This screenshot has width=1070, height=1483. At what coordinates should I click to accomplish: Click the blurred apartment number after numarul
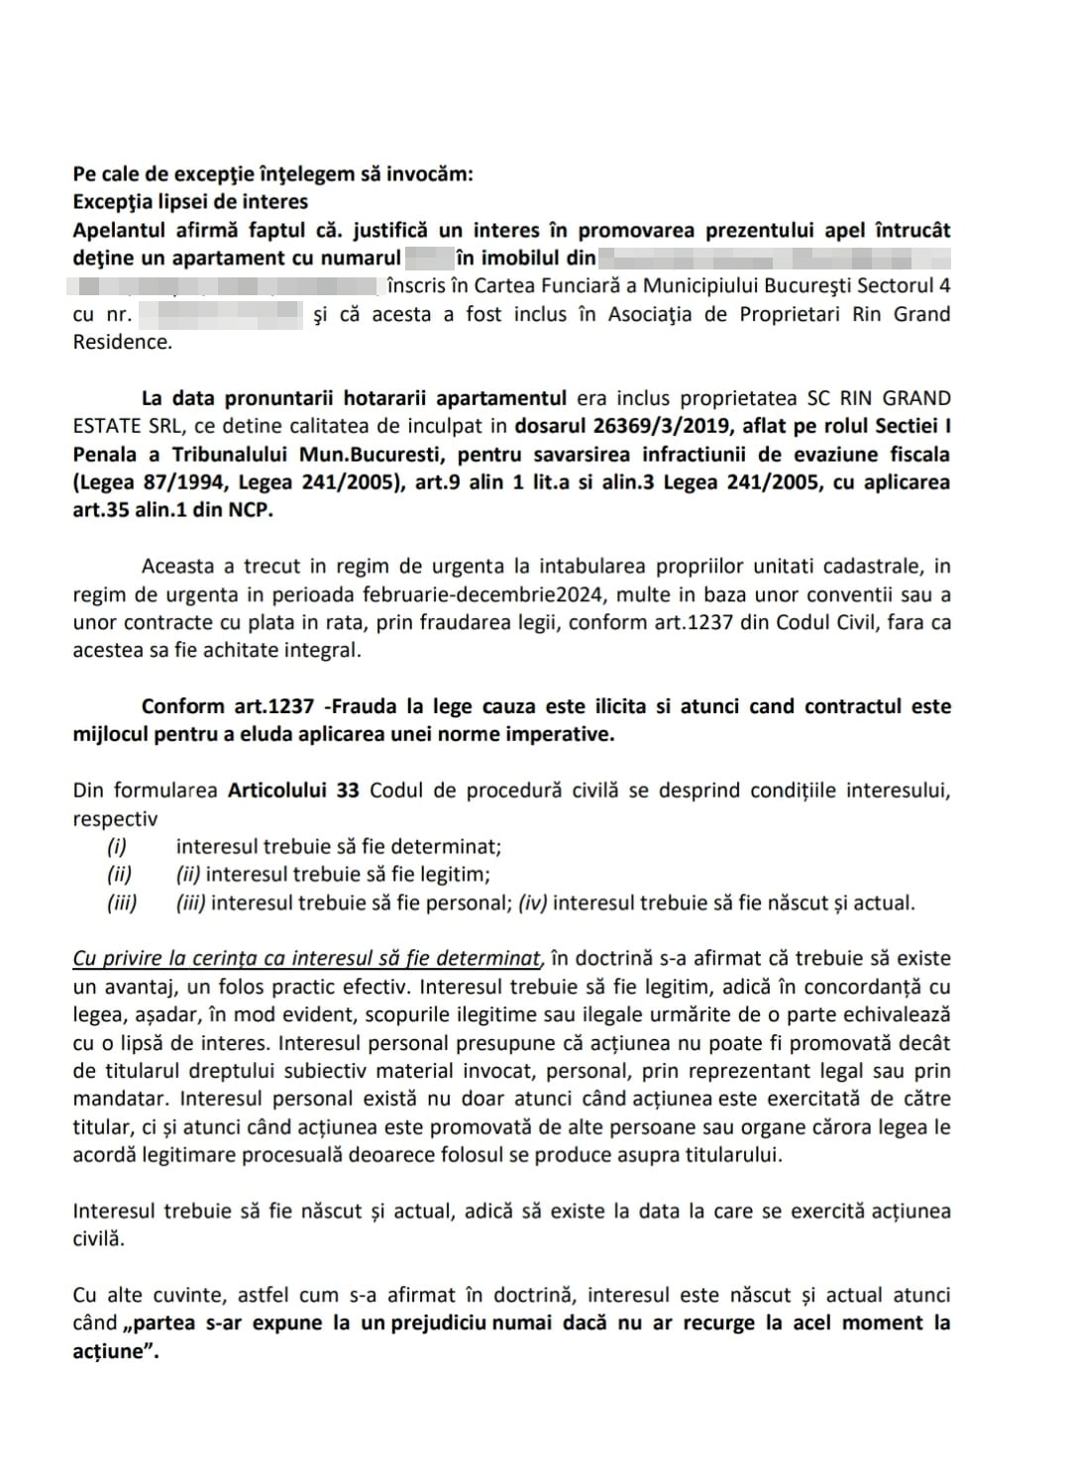tap(427, 259)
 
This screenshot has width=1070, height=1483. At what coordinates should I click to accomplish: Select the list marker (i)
tap(118, 847)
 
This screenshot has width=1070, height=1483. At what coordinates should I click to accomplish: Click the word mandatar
tap(117, 1099)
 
